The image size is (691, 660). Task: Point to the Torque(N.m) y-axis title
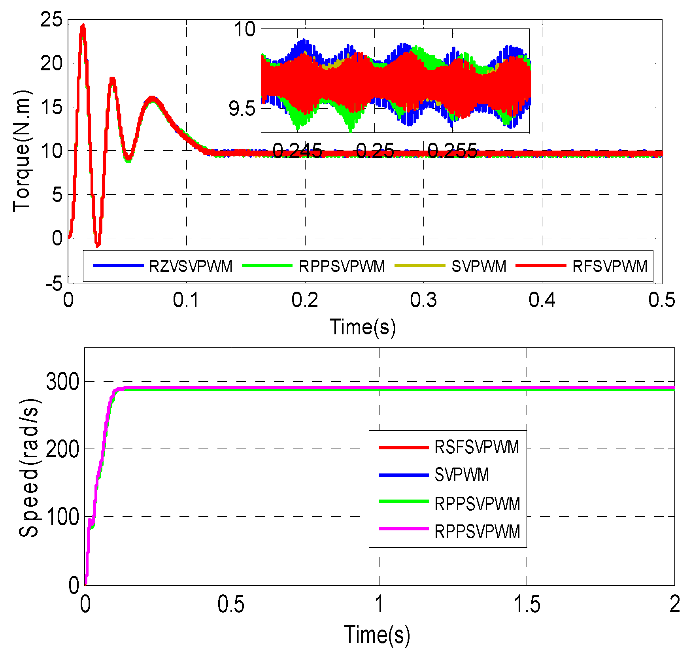coord(22,151)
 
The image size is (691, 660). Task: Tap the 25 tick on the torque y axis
coord(51,20)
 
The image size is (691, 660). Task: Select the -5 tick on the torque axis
coord(54,283)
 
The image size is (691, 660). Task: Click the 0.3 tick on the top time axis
coord(423,300)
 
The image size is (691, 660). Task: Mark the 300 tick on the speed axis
coord(62,382)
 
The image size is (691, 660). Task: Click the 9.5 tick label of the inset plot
coord(242,109)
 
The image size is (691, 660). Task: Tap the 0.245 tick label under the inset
coord(297,151)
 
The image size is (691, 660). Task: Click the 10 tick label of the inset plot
coord(245,30)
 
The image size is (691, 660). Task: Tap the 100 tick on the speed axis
coord(62,517)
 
